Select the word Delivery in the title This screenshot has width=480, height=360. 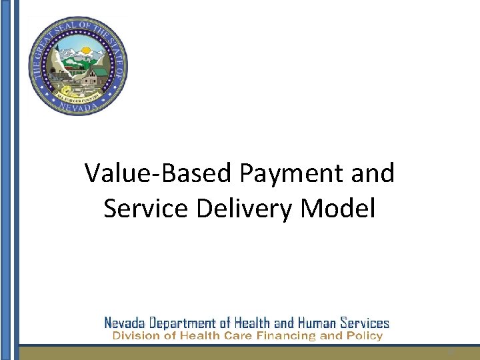tap(237, 209)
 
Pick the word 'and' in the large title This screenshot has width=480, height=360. tap(373, 173)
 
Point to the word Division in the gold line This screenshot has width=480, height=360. tap(133, 336)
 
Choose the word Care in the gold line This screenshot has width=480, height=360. tap(237, 336)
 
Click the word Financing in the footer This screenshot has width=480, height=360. tap(285, 336)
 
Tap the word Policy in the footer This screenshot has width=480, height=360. tap(365, 336)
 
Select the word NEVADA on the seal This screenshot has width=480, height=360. tap(77, 106)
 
